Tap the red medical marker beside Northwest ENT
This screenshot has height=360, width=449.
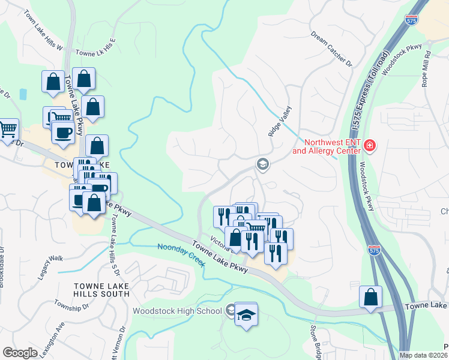[x=370, y=146]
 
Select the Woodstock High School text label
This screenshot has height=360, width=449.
[x=177, y=311]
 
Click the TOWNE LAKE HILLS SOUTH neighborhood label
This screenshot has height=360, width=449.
[x=101, y=289]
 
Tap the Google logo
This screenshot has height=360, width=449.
[x=20, y=353]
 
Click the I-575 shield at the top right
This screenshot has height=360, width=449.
[x=412, y=20]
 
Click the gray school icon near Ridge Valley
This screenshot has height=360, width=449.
[x=262, y=163]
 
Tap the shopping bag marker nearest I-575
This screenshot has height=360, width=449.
[x=371, y=296]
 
